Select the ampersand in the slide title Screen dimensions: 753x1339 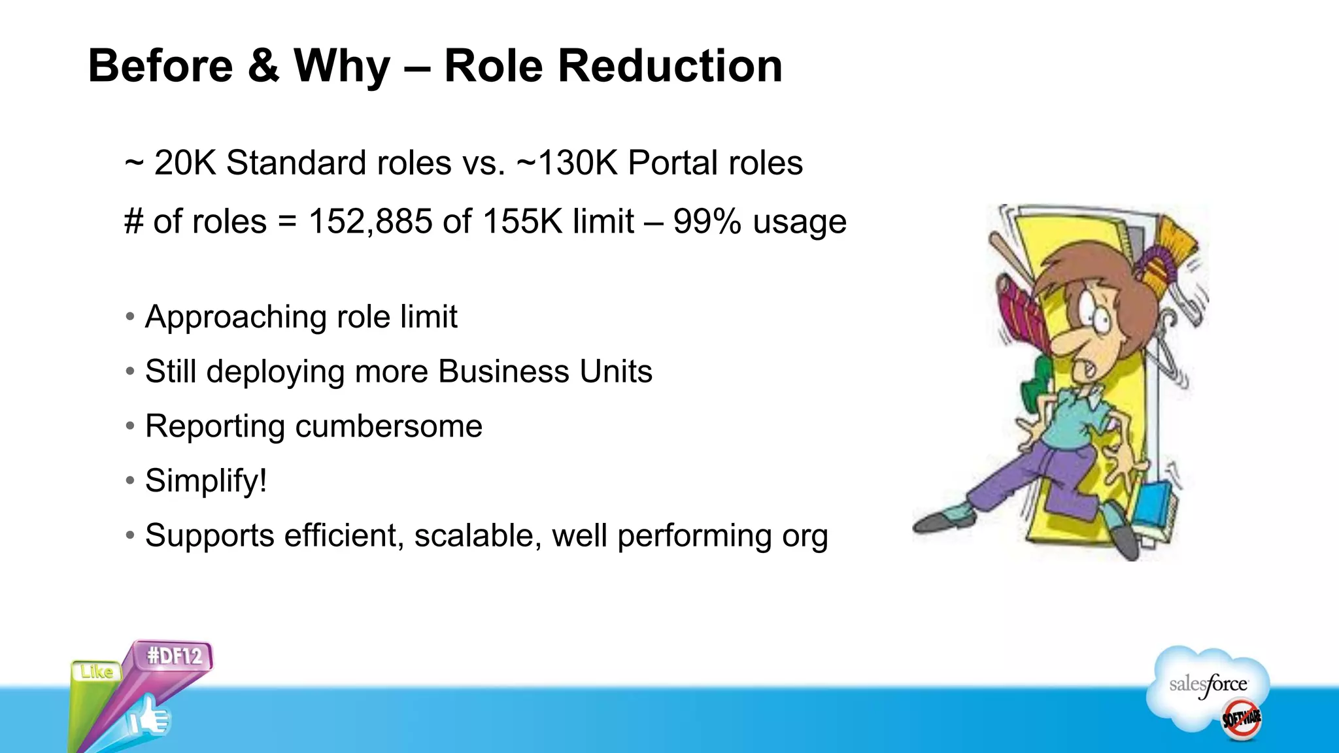click(x=263, y=67)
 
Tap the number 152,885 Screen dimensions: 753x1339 click(x=370, y=222)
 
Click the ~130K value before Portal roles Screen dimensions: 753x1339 click(x=567, y=163)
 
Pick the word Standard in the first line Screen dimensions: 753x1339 click(x=338, y=163)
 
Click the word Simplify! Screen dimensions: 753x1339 click(x=206, y=480)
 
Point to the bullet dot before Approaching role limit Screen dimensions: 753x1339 click(x=130, y=317)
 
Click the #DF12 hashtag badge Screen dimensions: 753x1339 click(x=174, y=656)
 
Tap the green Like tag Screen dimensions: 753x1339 click(x=97, y=672)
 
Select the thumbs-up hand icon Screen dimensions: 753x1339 click(x=149, y=718)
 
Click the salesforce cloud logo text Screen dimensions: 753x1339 click(x=1208, y=685)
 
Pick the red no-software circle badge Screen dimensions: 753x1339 click(x=1242, y=718)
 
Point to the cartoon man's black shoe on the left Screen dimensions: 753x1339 click(x=941, y=520)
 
